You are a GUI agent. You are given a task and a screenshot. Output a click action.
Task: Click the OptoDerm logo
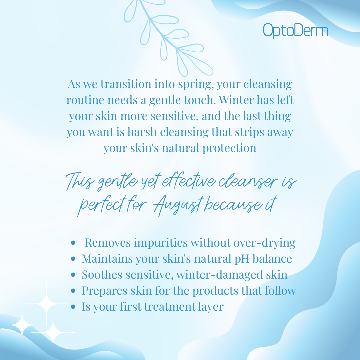click(295, 31)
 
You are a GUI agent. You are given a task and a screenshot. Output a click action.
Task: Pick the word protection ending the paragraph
click(229, 148)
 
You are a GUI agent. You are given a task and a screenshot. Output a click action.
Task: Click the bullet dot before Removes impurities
click(73, 243)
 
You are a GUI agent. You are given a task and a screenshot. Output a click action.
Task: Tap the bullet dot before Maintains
click(73, 259)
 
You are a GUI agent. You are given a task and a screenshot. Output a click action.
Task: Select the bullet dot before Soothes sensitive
click(73, 275)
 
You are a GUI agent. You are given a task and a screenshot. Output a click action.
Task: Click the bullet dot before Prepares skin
click(73, 291)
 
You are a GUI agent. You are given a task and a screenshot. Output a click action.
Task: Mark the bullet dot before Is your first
click(73, 307)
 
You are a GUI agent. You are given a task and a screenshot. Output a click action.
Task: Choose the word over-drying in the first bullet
click(264, 243)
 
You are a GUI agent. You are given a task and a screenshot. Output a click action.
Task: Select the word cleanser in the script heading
click(248, 181)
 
